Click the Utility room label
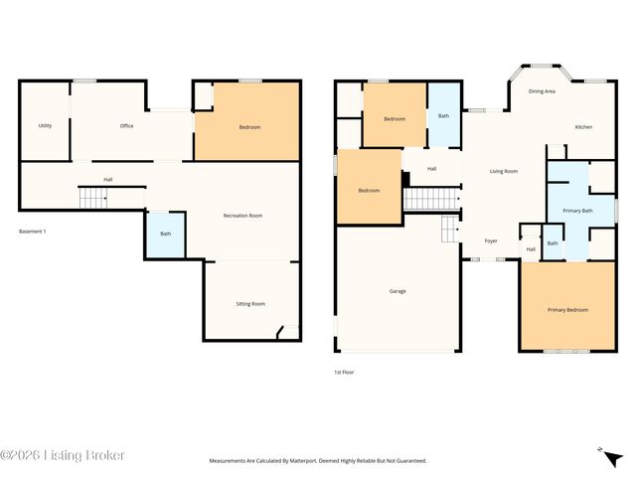[45, 126]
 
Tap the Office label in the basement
[126, 126]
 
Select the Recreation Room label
[242, 216]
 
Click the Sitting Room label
[250, 303]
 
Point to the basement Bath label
[165, 234]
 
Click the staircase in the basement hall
[92, 199]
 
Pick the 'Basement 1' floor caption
[33, 232]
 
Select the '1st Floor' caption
[344, 372]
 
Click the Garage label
[397, 291]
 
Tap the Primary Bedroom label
[567, 310]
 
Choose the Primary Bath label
[577, 211]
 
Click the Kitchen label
[584, 127]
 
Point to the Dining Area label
[542, 91]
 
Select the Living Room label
[504, 171]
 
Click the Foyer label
[491, 241]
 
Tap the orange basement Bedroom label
[248, 127]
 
